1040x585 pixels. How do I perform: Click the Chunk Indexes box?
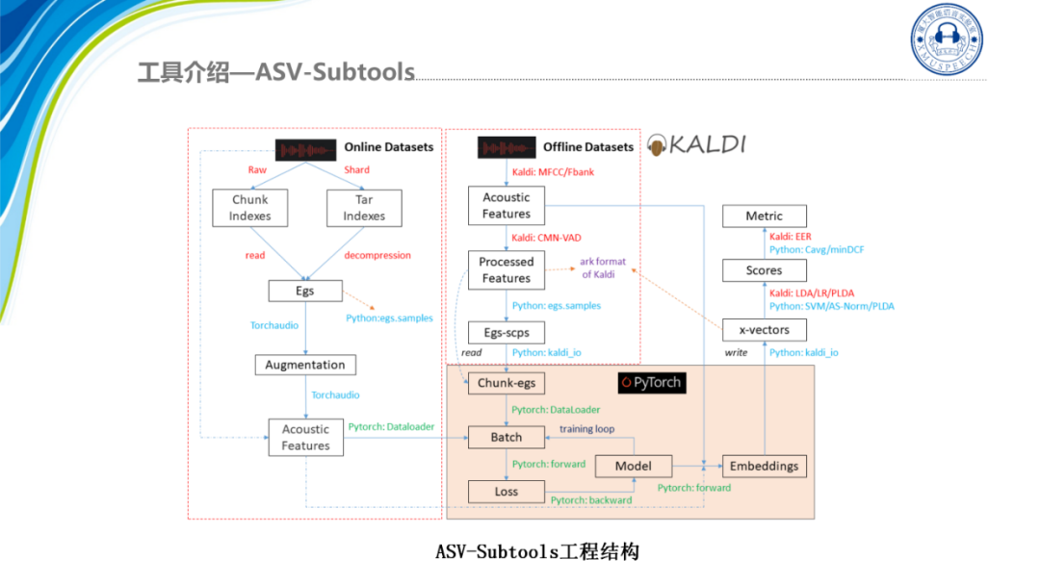click(249, 208)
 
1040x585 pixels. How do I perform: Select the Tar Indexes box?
click(364, 208)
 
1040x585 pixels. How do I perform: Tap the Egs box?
click(304, 291)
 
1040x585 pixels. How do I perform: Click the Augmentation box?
click(304, 365)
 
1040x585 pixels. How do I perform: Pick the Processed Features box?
click(506, 269)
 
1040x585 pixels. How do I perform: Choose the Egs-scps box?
click(506, 332)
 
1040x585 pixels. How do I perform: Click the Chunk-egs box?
click(506, 383)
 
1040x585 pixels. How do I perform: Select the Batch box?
click(506, 437)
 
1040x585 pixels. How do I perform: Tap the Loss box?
click(506, 492)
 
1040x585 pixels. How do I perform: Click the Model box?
click(633, 466)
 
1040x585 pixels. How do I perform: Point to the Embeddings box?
click(764, 466)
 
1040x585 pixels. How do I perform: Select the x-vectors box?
click(764, 330)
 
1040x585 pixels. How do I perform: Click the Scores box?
click(764, 270)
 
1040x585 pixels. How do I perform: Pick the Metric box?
click(764, 216)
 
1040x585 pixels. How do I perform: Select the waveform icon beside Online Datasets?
click(306, 149)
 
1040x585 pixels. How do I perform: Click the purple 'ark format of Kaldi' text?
click(604, 267)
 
